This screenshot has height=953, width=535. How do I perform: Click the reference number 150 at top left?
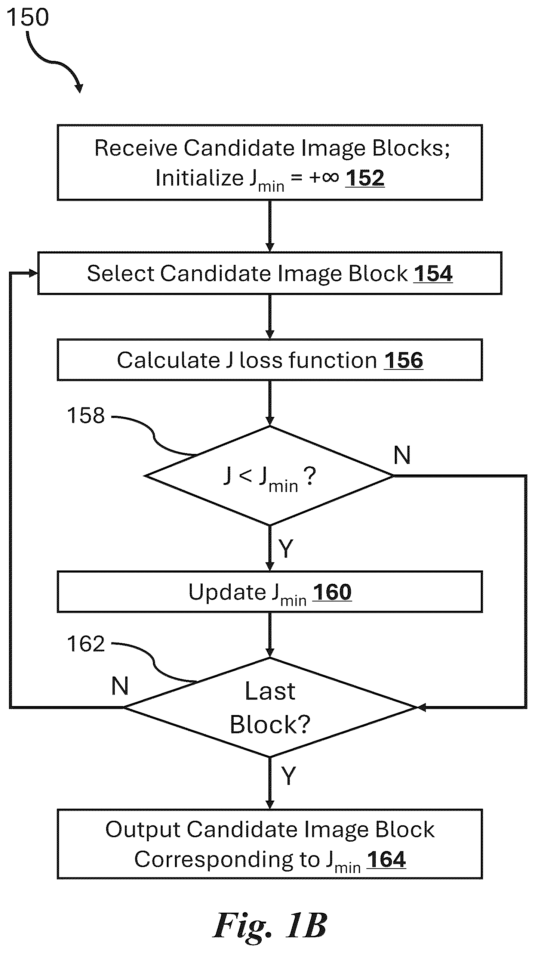(28, 17)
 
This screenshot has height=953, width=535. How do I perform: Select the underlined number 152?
(365, 178)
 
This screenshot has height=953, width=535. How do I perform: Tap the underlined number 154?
(433, 273)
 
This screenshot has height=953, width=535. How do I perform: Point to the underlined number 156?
(403, 360)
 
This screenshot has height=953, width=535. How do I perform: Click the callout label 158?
(86, 415)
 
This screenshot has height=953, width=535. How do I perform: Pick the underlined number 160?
(332, 592)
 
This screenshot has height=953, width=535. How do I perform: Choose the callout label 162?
(86, 644)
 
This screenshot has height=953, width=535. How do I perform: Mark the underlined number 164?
(386, 860)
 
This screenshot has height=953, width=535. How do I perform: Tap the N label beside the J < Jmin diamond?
(402, 455)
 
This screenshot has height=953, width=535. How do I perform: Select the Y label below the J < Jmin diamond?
(286, 549)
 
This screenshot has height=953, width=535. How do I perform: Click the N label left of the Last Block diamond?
(120, 686)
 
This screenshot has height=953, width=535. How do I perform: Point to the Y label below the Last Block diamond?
(288, 776)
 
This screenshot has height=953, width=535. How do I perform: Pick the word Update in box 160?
(227, 592)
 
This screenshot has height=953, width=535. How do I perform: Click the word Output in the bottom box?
(143, 830)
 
